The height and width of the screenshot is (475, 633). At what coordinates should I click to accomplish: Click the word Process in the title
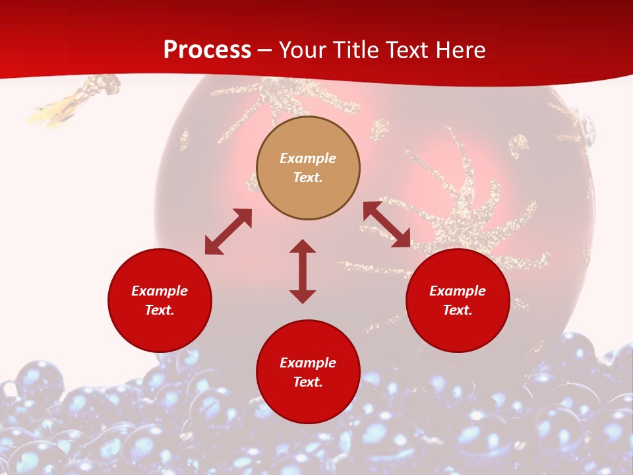tap(207, 50)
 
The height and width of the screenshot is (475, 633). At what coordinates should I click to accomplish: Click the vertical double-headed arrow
tap(303, 271)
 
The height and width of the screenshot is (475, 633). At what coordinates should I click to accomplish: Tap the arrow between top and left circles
tap(228, 232)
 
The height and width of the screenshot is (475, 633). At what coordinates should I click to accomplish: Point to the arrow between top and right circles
tap(386, 224)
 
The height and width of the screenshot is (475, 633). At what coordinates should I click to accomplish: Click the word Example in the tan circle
tap(308, 158)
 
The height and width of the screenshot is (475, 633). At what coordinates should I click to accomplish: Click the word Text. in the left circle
tap(160, 310)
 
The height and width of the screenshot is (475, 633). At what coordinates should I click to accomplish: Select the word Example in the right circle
tap(458, 291)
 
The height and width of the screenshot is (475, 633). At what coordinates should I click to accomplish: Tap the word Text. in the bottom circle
tap(308, 382)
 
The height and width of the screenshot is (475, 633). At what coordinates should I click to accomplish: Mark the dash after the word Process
tap(265, 51)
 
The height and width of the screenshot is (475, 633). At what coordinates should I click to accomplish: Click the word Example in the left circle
tap(160, 291)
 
